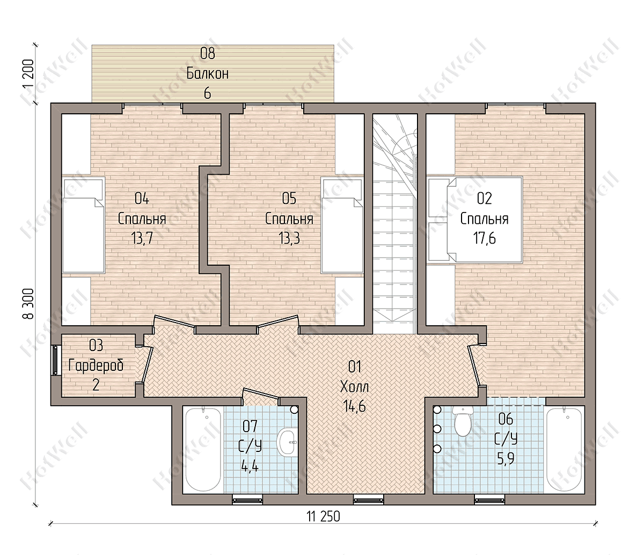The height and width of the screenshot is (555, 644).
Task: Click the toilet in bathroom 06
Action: click(463, 421)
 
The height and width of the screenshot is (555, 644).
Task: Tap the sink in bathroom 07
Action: click(287, 443)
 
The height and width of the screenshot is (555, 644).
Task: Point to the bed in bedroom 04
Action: click(84, 225)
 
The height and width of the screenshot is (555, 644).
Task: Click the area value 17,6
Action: click(485, 239)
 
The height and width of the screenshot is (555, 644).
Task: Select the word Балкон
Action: click(208, 74)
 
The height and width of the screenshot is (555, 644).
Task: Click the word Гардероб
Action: click(96, 366)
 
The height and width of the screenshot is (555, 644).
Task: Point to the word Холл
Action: click(355, 387)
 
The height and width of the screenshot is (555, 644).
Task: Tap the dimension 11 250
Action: click(323, 517)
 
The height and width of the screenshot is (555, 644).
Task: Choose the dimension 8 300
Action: click(28, 304)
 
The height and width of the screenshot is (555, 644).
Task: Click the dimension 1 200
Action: click(28, 74)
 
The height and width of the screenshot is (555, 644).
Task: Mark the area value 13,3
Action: click(289, 239)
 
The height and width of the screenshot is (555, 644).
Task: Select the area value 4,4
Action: click(250, 467)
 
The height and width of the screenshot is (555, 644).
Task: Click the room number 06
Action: click(506, 419)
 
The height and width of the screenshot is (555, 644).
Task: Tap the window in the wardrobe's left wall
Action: click(56, 360)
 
